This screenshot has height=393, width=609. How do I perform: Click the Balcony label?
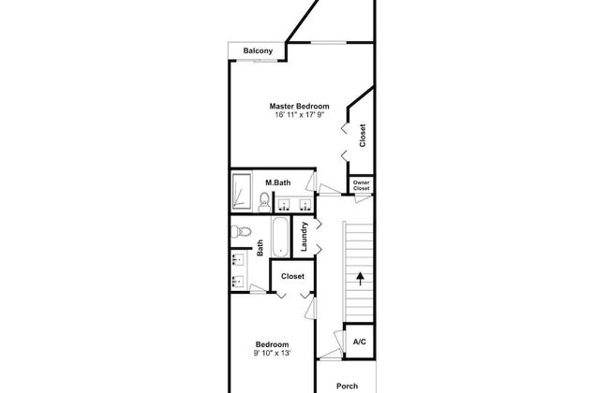pyautogui.click(x=258, y=51)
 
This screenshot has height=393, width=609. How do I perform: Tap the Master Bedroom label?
pyautogui.click(x=299, y=106)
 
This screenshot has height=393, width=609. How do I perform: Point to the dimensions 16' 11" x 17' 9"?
pyautogui.click(x=299, y=115)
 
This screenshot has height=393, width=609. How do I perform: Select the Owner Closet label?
pyautogui.click(x=362, y=185)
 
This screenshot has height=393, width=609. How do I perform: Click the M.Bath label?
pyautogui.click(x=278, y=182)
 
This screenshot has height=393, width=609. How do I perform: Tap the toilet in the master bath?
pyautogui.click(x=264, y=202)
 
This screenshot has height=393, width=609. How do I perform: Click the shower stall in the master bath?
pyautogui.click(x=242, y=191)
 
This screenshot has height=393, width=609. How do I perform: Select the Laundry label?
pyautogui.click(x=304, y=236)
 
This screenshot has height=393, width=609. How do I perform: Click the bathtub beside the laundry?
pyautogui.click(x=280, y=237)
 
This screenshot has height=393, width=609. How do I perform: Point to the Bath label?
pyautogui.click(x=260, y=248)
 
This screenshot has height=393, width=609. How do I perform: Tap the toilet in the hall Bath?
pyautogui.click(x=241, y=232)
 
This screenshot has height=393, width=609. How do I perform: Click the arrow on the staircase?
pyautogui.click(x=361, y=279)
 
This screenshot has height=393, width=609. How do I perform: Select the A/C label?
pyautogui.click(x=359, y=342)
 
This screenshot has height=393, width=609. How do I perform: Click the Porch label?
pyautogui.click(x=348, y=386)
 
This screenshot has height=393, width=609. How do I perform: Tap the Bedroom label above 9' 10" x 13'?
pyautogui.click(x=273, y=344)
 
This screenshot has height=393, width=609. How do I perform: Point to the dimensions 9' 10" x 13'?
pyautogui.click(x=273, y=354)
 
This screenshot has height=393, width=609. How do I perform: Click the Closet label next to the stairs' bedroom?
pyautogui.click(x=293, y=276)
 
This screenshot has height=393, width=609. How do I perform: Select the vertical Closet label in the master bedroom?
pyautogui.click(x=363, y=136)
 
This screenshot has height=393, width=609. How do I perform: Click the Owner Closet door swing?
pyautogui.click(x=364, y=198)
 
